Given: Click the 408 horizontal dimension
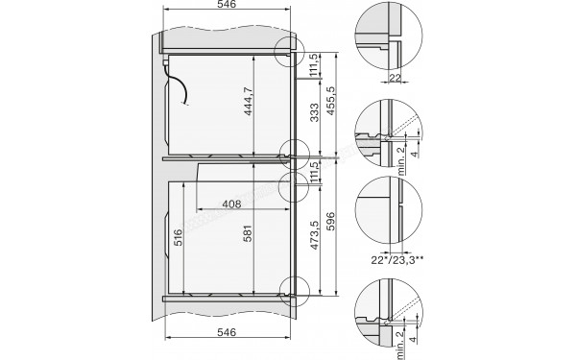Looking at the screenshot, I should point(231,204).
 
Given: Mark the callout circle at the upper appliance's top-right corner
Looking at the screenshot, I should point(288,52).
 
